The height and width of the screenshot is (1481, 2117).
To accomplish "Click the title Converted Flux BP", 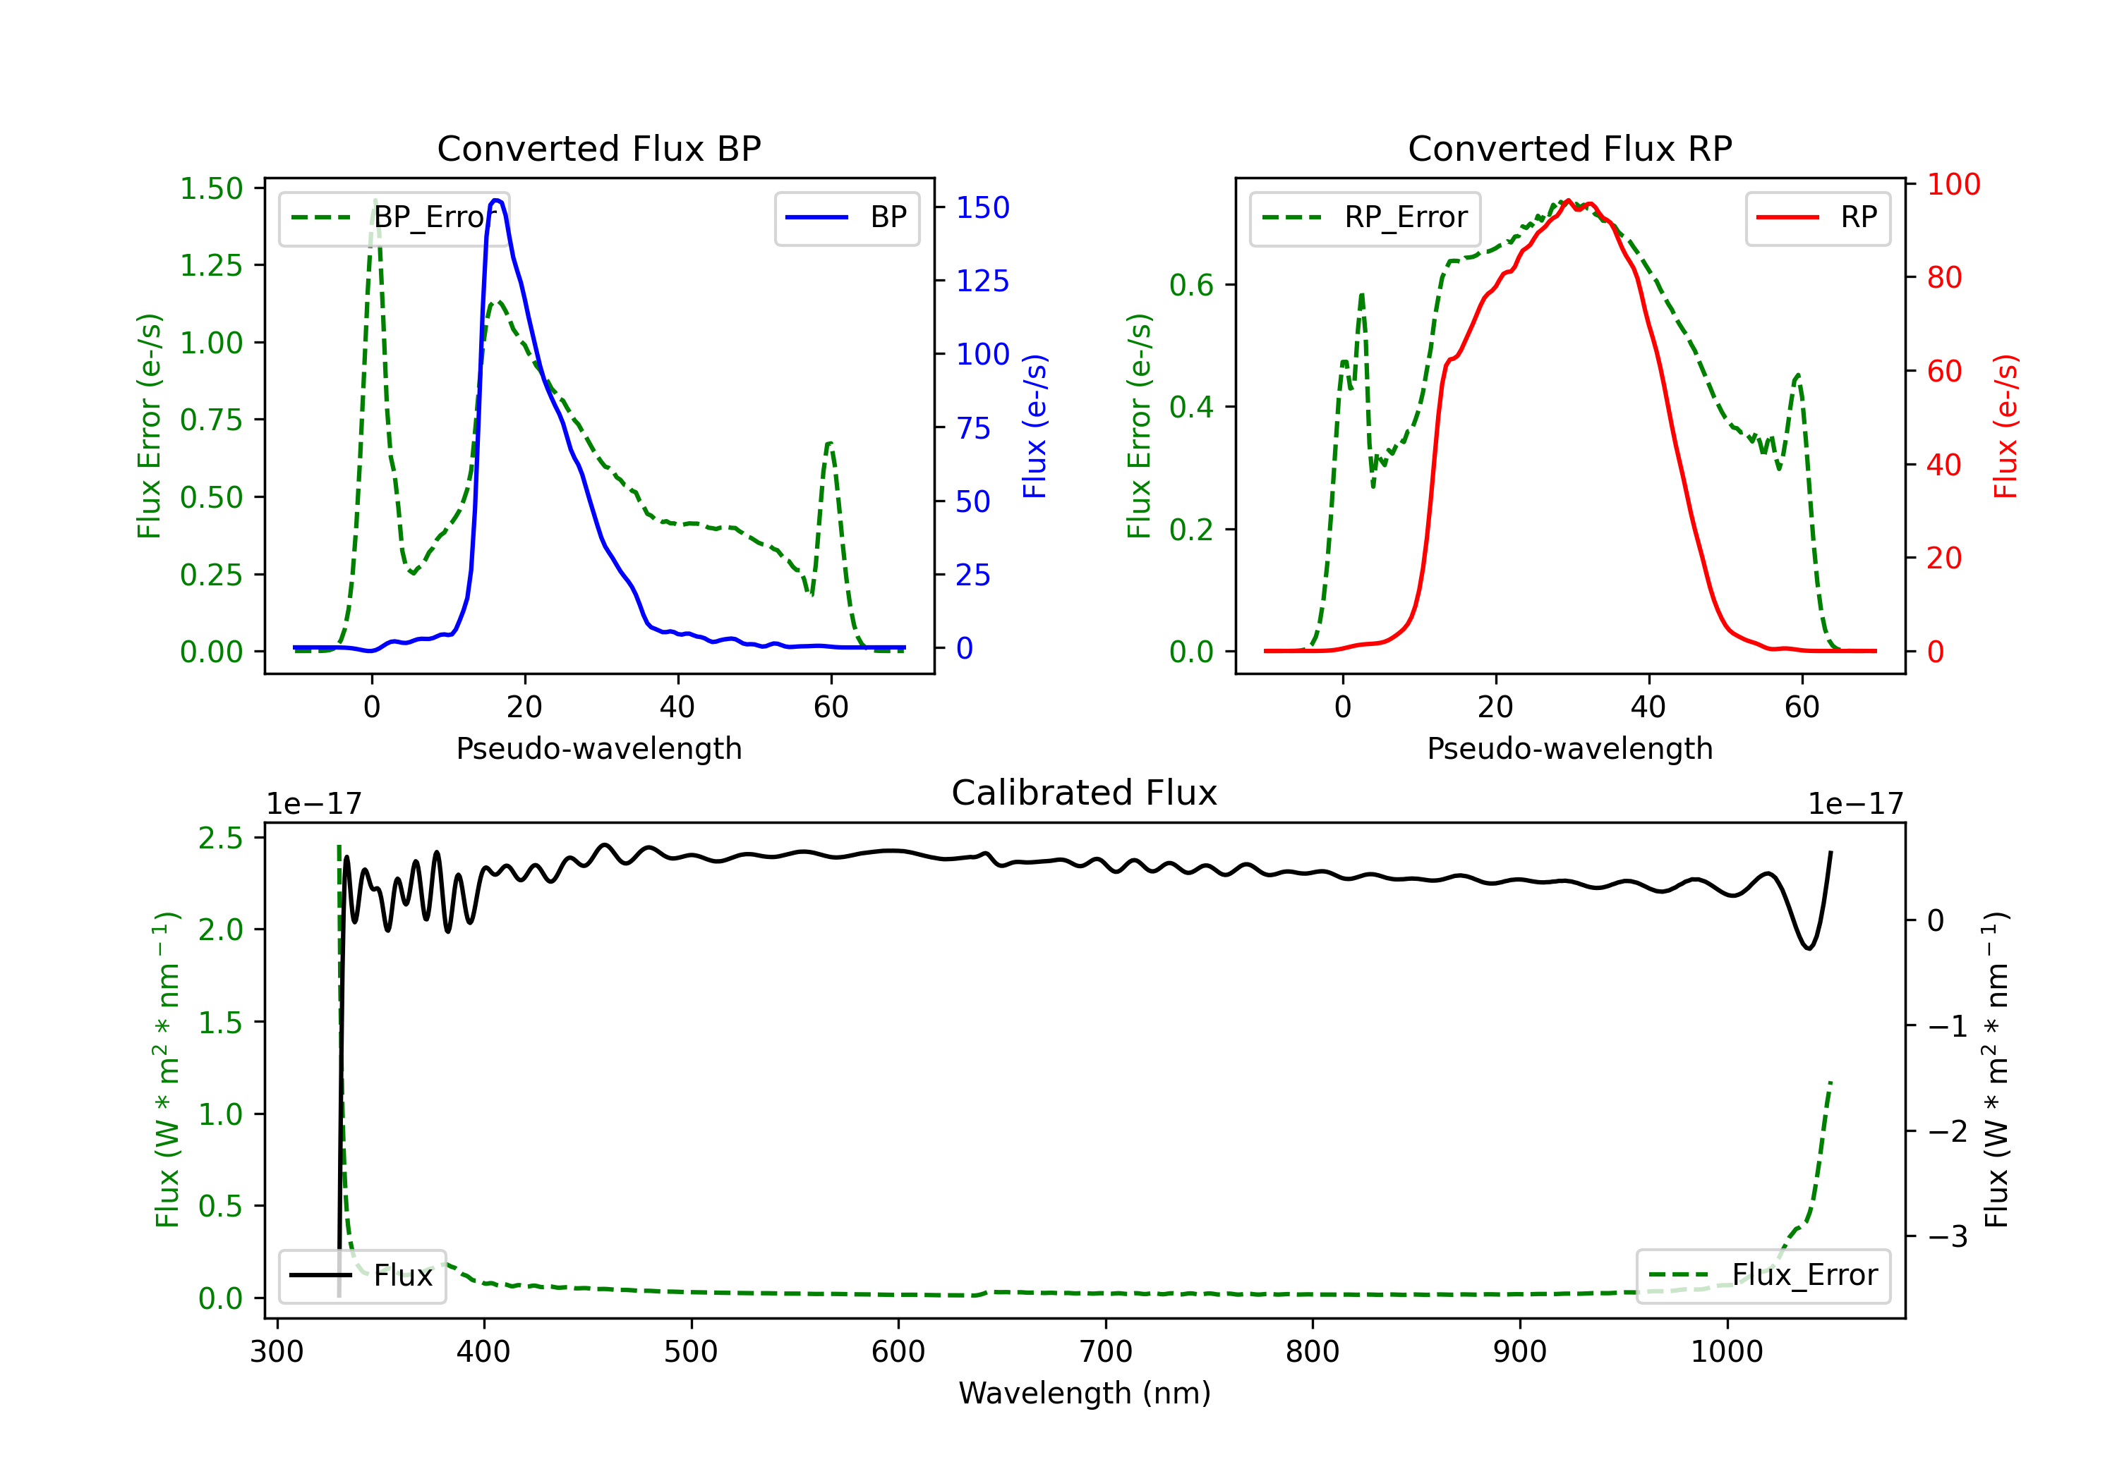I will [598, 148].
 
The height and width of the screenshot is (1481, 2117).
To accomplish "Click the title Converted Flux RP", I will [1569, 148].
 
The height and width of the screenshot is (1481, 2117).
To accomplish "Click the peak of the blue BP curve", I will [497, 200].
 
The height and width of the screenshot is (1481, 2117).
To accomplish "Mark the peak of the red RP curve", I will [1569, 201].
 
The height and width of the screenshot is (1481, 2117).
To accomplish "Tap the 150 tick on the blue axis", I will [982, 207].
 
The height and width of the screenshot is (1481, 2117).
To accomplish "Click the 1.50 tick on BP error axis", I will [211, 188].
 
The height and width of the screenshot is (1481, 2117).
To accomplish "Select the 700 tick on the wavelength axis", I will [1106, 1351].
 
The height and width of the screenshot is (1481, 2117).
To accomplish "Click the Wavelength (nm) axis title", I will [1085, 1393].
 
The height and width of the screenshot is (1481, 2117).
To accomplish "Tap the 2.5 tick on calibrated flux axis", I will [222, 838].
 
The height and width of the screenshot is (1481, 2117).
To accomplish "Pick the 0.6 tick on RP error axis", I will [1191, 285].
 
